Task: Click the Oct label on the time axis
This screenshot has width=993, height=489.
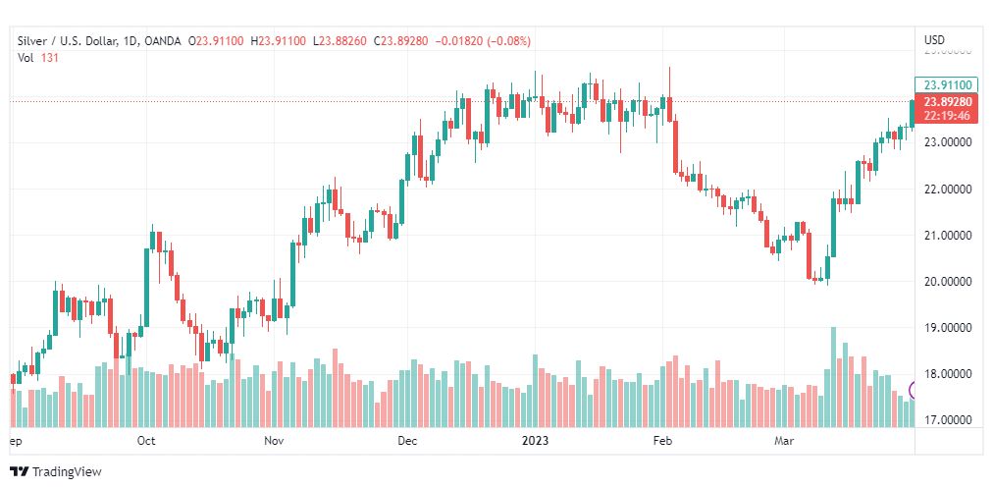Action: (146, 441)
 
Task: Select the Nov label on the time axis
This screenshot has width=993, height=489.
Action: (275, 441)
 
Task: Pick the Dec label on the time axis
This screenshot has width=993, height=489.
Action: (407, 441)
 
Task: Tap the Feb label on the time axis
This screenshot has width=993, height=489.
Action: (663, 441)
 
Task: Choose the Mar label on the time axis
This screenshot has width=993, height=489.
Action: (784, 441)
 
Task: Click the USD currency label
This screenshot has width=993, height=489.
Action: (934, 40)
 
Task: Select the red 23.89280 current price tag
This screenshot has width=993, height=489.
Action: (948, 102)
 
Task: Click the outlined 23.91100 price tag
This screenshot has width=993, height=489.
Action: (948, 84)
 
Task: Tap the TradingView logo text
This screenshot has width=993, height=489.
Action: (66, 471)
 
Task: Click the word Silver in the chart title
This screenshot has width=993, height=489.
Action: (33, 40)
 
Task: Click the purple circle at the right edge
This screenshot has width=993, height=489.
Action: (914, 390)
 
